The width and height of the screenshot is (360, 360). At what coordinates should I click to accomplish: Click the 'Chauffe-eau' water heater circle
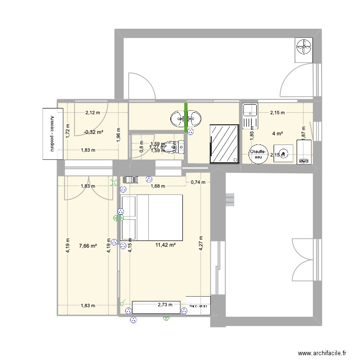pyautogui.click(x=258, y=154)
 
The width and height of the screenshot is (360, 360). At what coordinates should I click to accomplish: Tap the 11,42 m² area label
pyautogui.click(x=165, y=245)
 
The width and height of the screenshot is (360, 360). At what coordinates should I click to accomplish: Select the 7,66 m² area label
pyautogui.click(x=88, y=246)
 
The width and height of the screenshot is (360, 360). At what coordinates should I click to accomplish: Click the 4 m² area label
pyautogui.click(x=277, y=133)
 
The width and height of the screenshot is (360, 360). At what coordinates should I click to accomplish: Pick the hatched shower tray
pyautogui.click(x=225, y=143)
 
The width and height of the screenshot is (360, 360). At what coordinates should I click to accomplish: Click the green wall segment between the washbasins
pyautogui.click(x=186, y=117)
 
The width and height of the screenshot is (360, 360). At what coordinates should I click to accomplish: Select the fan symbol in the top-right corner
pyautogui.click(x=303, y=48)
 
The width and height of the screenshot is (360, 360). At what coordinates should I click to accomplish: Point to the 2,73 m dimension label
pyautogui.click(x=165, y=304)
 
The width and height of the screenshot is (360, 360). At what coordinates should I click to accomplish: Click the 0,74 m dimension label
pyautogui.click(x=198, y=182)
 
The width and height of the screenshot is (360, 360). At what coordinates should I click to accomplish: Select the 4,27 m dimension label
pyautogui.click(x=202, y=245)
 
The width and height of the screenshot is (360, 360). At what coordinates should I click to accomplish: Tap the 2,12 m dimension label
pyautogui.click(x=93, y=113)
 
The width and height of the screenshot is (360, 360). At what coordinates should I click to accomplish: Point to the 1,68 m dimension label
pyautogui.click(x=157, y=186)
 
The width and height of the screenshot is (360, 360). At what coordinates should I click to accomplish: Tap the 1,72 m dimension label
pyautogui.click(x=68, y=132)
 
